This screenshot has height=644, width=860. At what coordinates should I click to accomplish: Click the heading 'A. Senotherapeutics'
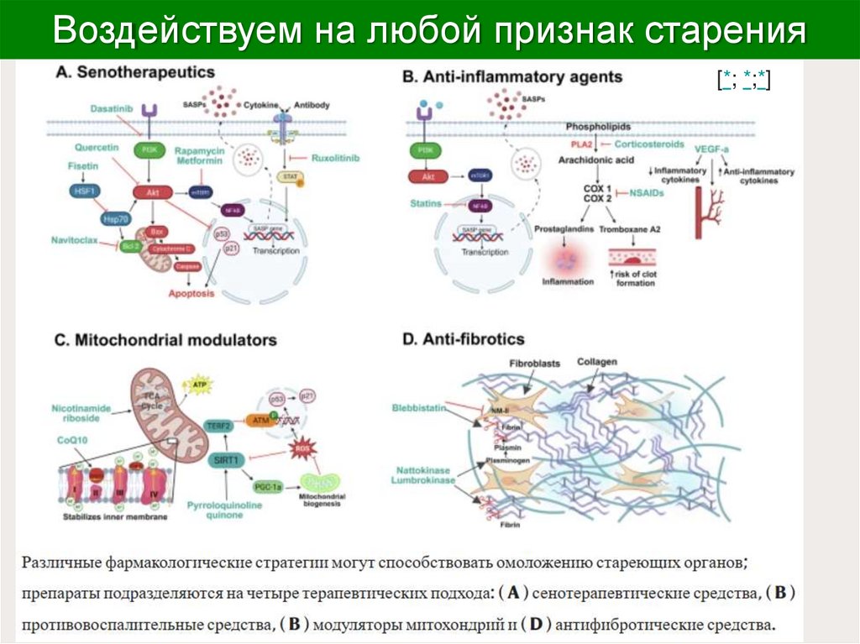coord(135,73)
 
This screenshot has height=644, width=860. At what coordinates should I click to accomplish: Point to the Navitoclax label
coord(74,240)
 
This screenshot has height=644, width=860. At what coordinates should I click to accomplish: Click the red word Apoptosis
coord(191,294)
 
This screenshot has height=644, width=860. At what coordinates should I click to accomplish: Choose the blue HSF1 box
coord(81,191)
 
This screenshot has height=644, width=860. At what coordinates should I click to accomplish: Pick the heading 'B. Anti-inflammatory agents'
coord(512,77)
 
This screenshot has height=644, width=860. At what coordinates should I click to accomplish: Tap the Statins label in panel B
coord(426,203)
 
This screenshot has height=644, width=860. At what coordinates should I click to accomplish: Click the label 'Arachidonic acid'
coord(600,160)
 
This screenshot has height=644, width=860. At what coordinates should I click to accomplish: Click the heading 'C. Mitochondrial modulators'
coord(165,341)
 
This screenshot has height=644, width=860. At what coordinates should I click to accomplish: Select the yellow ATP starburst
coord(200,385)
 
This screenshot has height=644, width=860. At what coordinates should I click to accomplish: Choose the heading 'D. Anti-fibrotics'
coord(463,340)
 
